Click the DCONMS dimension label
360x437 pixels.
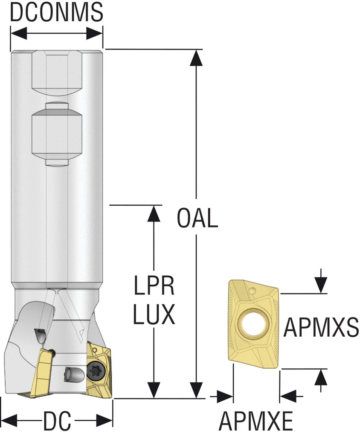(56, 13)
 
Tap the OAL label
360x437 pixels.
(197, 219)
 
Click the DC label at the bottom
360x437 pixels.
(57, 422)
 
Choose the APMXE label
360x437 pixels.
(256, 422)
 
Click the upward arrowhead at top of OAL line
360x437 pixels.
(196, 58)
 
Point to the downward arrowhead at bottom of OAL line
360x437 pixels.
(196, 390)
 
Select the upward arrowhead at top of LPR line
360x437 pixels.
(153, 213)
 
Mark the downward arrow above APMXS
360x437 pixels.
(321, 284)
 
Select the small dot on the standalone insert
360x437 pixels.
(253, 291)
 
